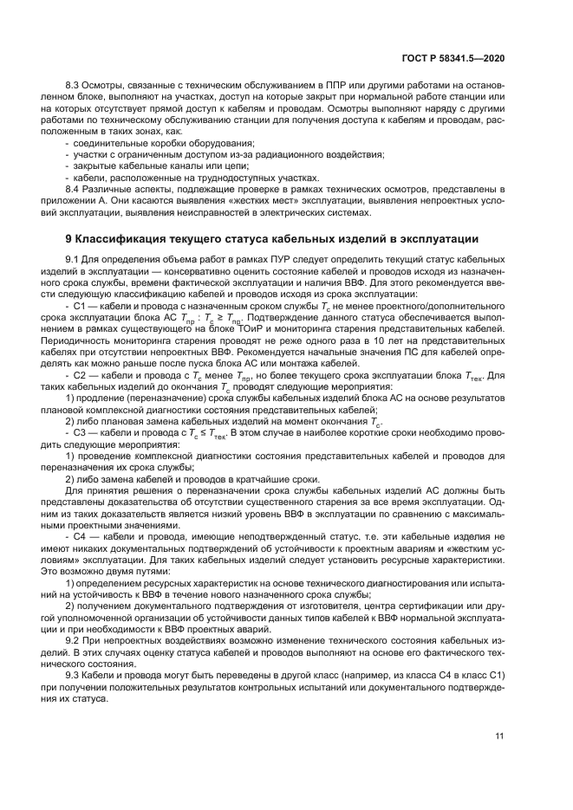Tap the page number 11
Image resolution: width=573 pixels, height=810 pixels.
pos(499,737)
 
